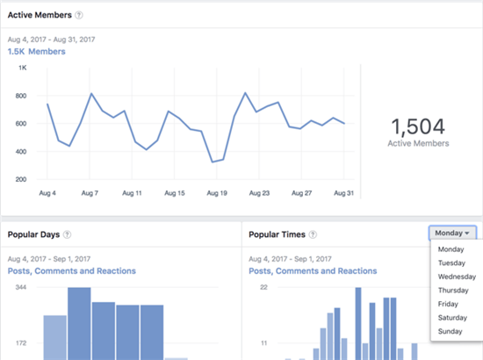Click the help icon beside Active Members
coord(79,15)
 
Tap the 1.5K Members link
coord(37,52)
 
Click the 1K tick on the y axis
coord(22,68)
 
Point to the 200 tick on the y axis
coord(20,179)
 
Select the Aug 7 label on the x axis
coord(90,192)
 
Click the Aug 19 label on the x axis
coord(216,192)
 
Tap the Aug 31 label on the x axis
coord(343,192)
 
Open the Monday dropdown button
coord(453,234)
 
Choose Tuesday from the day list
coord(453,263)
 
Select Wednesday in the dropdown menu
coord(457,277)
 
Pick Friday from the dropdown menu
coord(449,304)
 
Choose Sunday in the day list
coord(451,332)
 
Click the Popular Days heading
coord(33,234)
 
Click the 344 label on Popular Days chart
coord(21,288)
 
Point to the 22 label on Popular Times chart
coord(261,288)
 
